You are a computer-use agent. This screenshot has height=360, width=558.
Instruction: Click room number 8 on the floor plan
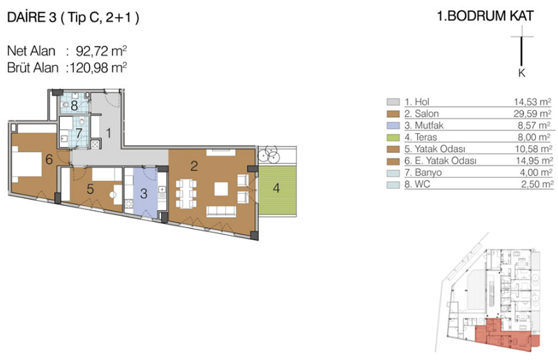coord(74,105)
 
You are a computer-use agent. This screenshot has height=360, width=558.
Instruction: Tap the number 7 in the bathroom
coord(79,133)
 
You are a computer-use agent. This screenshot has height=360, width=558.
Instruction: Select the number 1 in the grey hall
coord(109,133)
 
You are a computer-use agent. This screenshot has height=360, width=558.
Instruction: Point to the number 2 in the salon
coord(194,166)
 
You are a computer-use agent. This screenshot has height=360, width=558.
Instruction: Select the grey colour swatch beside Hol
coord(393,102)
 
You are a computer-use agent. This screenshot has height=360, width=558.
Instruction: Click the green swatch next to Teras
coord(393,137)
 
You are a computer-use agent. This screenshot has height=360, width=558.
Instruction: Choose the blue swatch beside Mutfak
coord(393,126)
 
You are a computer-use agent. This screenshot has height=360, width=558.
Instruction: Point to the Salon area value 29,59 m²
coord(531,114)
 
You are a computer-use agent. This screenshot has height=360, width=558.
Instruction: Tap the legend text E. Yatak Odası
coord(441,160)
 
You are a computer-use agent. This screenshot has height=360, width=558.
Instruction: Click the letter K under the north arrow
coord(522,73)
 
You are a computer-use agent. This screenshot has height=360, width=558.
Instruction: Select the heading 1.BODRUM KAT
coord(485,16)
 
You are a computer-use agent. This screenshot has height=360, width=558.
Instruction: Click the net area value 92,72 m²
coord(101,51)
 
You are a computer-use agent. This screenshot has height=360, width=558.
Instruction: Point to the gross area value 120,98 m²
coord(98,67)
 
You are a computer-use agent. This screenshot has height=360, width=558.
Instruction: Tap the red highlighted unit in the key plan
coord(504,336)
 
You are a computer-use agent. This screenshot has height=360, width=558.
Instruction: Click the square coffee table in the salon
coord(221,189)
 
